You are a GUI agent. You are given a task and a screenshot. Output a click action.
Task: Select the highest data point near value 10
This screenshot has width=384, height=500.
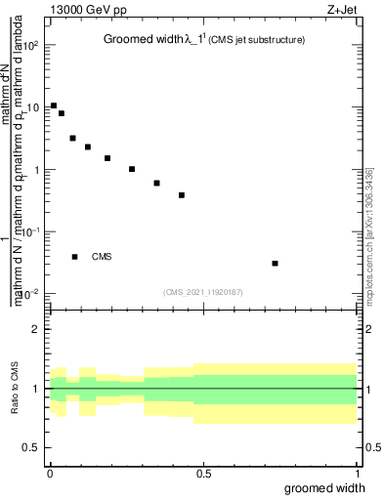tap(54, 105)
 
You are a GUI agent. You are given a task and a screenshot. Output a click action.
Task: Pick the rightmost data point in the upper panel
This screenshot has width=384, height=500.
tap(276, 263)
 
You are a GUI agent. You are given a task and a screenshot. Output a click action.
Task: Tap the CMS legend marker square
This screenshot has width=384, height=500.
tap(74, 257)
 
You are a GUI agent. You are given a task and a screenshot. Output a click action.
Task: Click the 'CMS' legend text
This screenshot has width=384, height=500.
tap(102, 257)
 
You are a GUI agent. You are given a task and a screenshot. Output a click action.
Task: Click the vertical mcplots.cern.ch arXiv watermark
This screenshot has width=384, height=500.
tap(370, 234)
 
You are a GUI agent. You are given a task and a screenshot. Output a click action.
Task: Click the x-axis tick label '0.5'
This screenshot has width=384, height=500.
tap(203, 473)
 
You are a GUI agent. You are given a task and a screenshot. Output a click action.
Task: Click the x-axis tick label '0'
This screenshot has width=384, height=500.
tap(50, 473)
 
